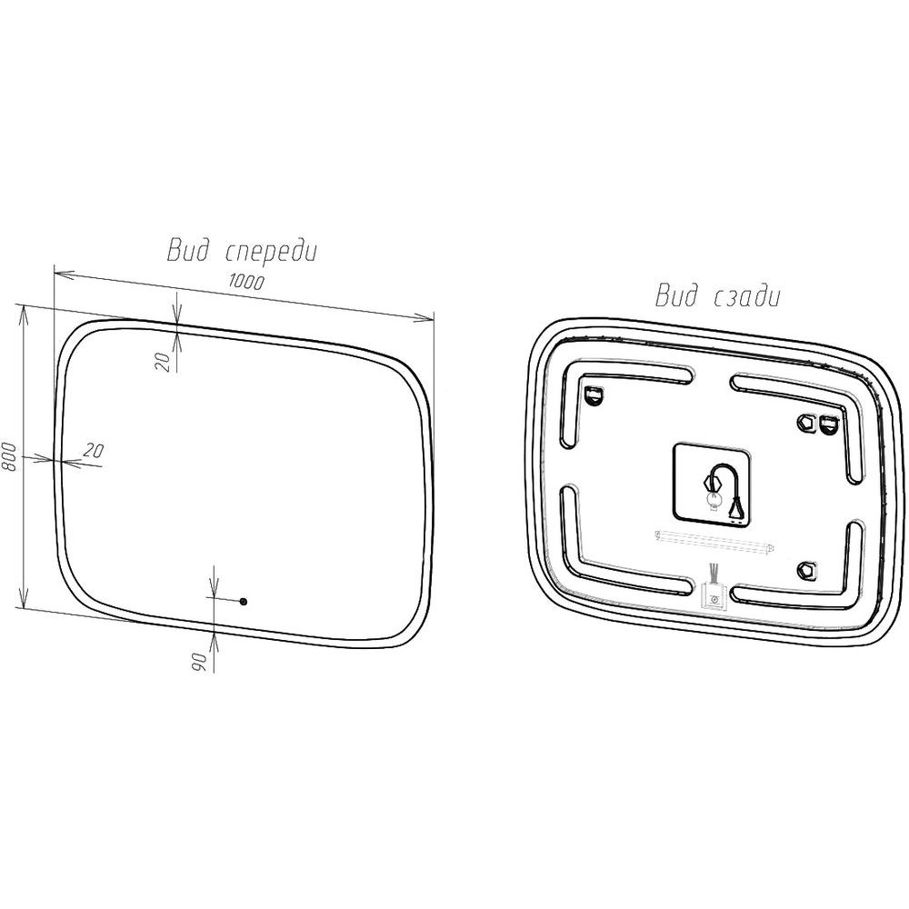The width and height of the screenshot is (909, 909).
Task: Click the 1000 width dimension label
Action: pos(246,282)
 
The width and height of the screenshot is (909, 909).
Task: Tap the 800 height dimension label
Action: pos(9,457)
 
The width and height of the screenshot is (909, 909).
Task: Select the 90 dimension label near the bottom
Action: pos(199,662)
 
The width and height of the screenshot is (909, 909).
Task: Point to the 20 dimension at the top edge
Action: pos(164,362)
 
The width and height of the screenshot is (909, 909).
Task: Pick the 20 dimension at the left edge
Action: pos(94,450)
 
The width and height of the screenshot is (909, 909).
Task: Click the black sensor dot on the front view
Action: pos(243,602)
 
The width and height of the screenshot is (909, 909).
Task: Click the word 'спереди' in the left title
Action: pos(270,252)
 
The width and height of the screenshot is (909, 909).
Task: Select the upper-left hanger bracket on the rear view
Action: pos(594,395)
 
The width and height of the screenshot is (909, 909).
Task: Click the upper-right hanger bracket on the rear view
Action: pos(827,423)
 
